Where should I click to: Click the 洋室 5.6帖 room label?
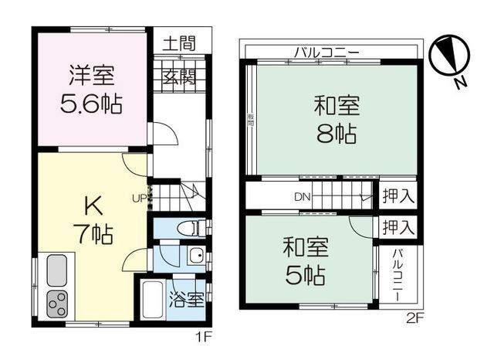[90, 90]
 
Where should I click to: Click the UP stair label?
[139, 198]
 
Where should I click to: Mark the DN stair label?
[302, 196]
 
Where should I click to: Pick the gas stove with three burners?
[58, 304]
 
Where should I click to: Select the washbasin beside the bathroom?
[196, 257]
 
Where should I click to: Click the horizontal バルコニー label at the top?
[326, 53]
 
